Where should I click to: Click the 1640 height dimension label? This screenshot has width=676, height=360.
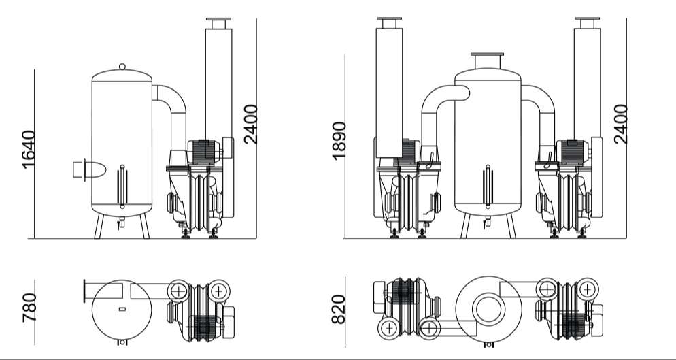click(29, 149)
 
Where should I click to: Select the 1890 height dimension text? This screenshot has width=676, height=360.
click(339, 141)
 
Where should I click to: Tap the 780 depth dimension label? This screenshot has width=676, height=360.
click(29, 308)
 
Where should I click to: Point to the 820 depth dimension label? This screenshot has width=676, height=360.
click(339, 309)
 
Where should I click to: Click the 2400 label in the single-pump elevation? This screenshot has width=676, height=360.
click(250, 125)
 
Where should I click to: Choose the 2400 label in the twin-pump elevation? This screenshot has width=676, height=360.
click(620, 124)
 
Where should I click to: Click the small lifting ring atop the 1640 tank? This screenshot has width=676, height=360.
click(122, 67)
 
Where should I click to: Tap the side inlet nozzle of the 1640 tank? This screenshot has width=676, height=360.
click(89, 169)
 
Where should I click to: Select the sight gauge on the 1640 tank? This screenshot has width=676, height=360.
click(122, 186)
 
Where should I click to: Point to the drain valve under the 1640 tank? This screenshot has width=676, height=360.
click(122, 223)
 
